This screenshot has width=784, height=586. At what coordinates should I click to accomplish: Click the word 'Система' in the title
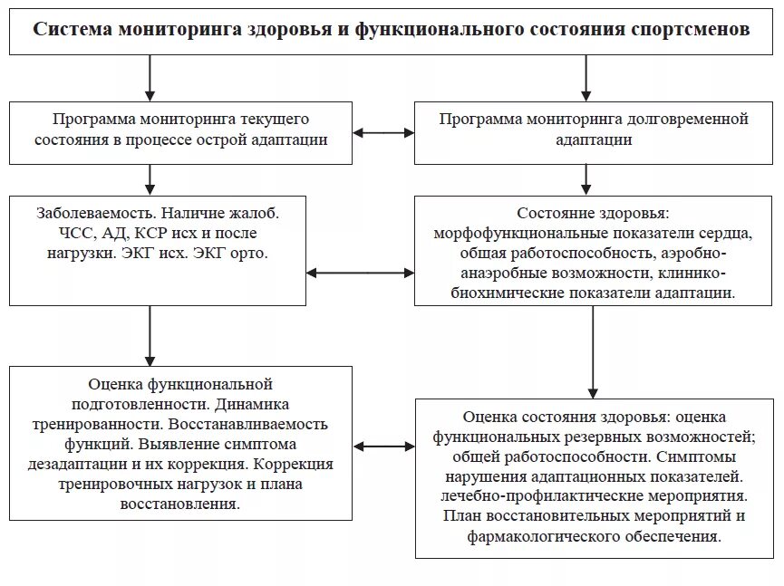(x=70, y=30)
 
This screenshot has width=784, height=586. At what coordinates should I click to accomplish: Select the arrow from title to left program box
(x=150, y=81)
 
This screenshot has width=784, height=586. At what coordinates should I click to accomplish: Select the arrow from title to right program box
(x=586, y=81)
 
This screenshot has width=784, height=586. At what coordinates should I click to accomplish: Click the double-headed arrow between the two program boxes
(x=383, y=133)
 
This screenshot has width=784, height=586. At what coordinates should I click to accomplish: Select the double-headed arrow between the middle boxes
(x=360, y=273)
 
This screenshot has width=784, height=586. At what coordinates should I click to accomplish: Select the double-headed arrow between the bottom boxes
(x=384, y=447)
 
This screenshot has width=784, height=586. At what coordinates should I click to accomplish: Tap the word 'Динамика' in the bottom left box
(x=259, y=405)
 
